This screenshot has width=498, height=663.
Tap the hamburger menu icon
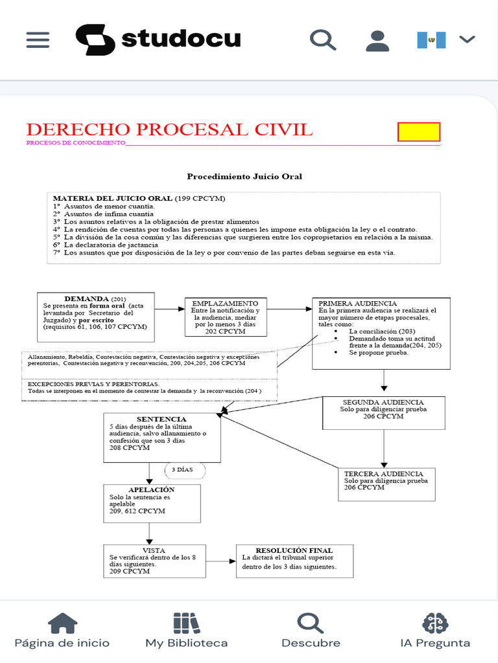(38, 39)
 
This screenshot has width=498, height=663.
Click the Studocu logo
(158, 39)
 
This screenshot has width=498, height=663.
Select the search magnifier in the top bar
(322, 39)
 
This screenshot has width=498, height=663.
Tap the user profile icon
(377, 39)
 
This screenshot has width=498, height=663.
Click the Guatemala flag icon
(431, 40)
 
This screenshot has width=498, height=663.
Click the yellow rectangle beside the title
(419, 132)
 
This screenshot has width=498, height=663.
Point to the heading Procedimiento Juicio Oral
(244, 176)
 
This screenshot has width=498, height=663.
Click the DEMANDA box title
(87, 298)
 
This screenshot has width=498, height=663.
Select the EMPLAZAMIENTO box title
(225, 303)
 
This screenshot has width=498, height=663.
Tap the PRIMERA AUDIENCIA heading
(358, 303)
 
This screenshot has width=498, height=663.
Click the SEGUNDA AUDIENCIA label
(383, 402)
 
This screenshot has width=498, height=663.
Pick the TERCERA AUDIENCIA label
(383, 473)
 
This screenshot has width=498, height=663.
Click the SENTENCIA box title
(161, 419)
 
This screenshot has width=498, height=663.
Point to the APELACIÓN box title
(152, 489)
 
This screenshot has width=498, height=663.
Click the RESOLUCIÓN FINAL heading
(294, 550)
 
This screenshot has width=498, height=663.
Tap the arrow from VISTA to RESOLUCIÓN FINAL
(220, 561)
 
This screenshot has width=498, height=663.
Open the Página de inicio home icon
(62, 623)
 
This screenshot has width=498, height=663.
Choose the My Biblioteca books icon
(186, 623)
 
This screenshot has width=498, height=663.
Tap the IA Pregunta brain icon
(435, 623)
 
